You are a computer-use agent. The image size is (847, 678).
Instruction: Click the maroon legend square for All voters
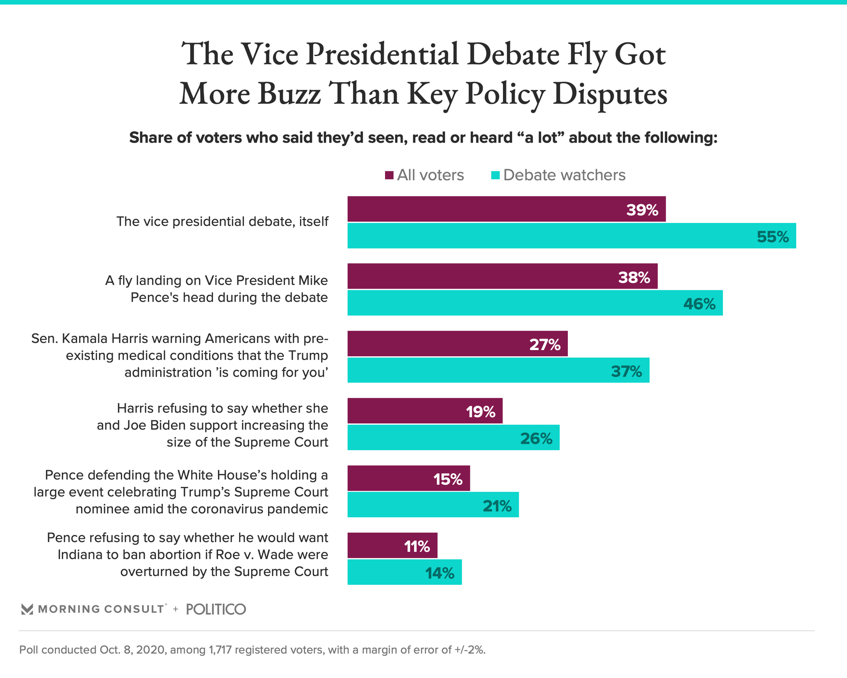389,175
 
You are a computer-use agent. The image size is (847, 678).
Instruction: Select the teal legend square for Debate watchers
495,175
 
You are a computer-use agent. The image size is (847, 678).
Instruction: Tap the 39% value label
642,210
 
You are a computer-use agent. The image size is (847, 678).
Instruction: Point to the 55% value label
772,237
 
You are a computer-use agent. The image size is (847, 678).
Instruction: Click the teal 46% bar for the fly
535,303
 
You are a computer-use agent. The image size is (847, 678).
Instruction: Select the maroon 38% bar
502,276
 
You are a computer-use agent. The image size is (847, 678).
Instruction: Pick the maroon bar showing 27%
457,343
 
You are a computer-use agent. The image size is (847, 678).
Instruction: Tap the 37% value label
626,372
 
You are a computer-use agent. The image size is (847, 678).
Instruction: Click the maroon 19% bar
424,411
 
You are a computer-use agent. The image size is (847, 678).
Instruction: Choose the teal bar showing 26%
453,437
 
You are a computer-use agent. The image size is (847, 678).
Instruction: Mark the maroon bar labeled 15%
408,478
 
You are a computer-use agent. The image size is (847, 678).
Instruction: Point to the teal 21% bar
433,505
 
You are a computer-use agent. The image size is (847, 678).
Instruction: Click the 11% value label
417,547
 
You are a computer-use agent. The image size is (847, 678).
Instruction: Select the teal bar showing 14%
404,572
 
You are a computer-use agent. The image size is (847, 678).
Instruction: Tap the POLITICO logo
216,610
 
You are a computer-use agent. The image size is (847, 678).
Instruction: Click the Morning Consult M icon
27,610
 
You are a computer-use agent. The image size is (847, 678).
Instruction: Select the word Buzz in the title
289,94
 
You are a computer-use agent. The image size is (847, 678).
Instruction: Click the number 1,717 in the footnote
218,650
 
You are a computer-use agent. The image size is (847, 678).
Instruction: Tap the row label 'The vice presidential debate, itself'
222,222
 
